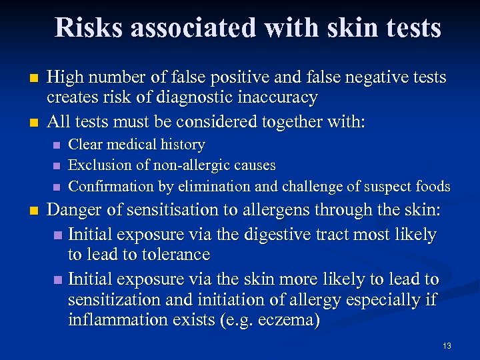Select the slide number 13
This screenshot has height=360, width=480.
[446, 345]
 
